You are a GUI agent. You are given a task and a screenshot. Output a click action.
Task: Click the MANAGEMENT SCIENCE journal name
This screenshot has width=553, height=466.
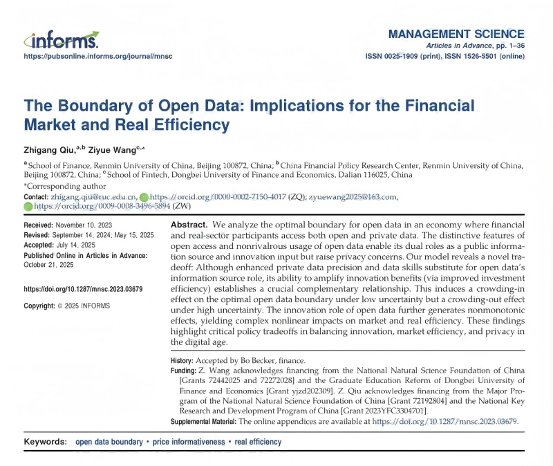(x=456, y=34)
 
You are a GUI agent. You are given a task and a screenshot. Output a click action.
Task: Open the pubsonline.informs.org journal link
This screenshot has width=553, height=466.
(x=98, y=56)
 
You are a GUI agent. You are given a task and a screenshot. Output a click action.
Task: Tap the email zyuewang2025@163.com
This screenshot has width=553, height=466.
(x=353, y=197)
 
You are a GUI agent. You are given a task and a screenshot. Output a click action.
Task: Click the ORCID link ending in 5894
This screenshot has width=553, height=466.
(x=102, y=206)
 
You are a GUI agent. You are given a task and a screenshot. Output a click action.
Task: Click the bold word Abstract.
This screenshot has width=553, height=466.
(x=189, y=226)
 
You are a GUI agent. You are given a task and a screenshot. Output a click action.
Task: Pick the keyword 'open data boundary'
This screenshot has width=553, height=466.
(x=106, y=442)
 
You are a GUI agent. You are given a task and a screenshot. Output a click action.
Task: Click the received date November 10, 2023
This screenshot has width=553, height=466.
(x=85, y=226)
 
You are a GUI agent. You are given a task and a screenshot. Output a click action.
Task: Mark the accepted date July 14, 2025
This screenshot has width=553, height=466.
(x=79, y=245)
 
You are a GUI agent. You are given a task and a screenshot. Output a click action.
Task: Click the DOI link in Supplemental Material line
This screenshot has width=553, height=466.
(x=445, y=421)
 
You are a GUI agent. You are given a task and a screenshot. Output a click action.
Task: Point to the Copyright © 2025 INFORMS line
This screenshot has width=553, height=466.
(x=66, y=306)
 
